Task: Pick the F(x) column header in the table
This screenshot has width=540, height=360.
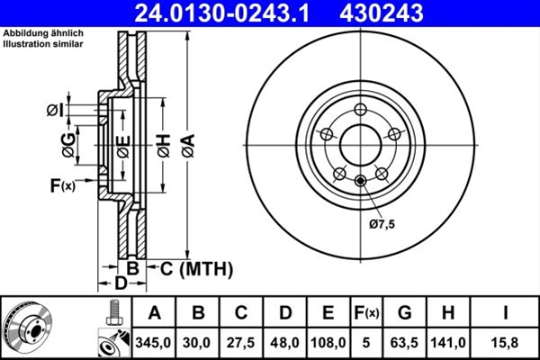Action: point(366,313)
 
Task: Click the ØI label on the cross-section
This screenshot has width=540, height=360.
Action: point(54,110)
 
